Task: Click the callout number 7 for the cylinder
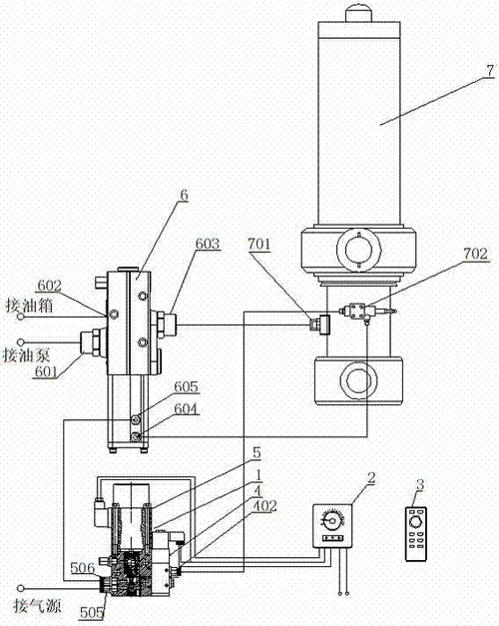(490, 71)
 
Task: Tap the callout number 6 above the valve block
(184, 196)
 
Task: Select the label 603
(208, 244)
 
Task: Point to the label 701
(259, 244)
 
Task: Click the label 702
(476, 254)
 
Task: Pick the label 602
(50, 286)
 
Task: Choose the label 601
(46, 371)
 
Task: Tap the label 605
(186, 386)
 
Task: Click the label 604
(186, 408)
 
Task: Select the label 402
(265, 506)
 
